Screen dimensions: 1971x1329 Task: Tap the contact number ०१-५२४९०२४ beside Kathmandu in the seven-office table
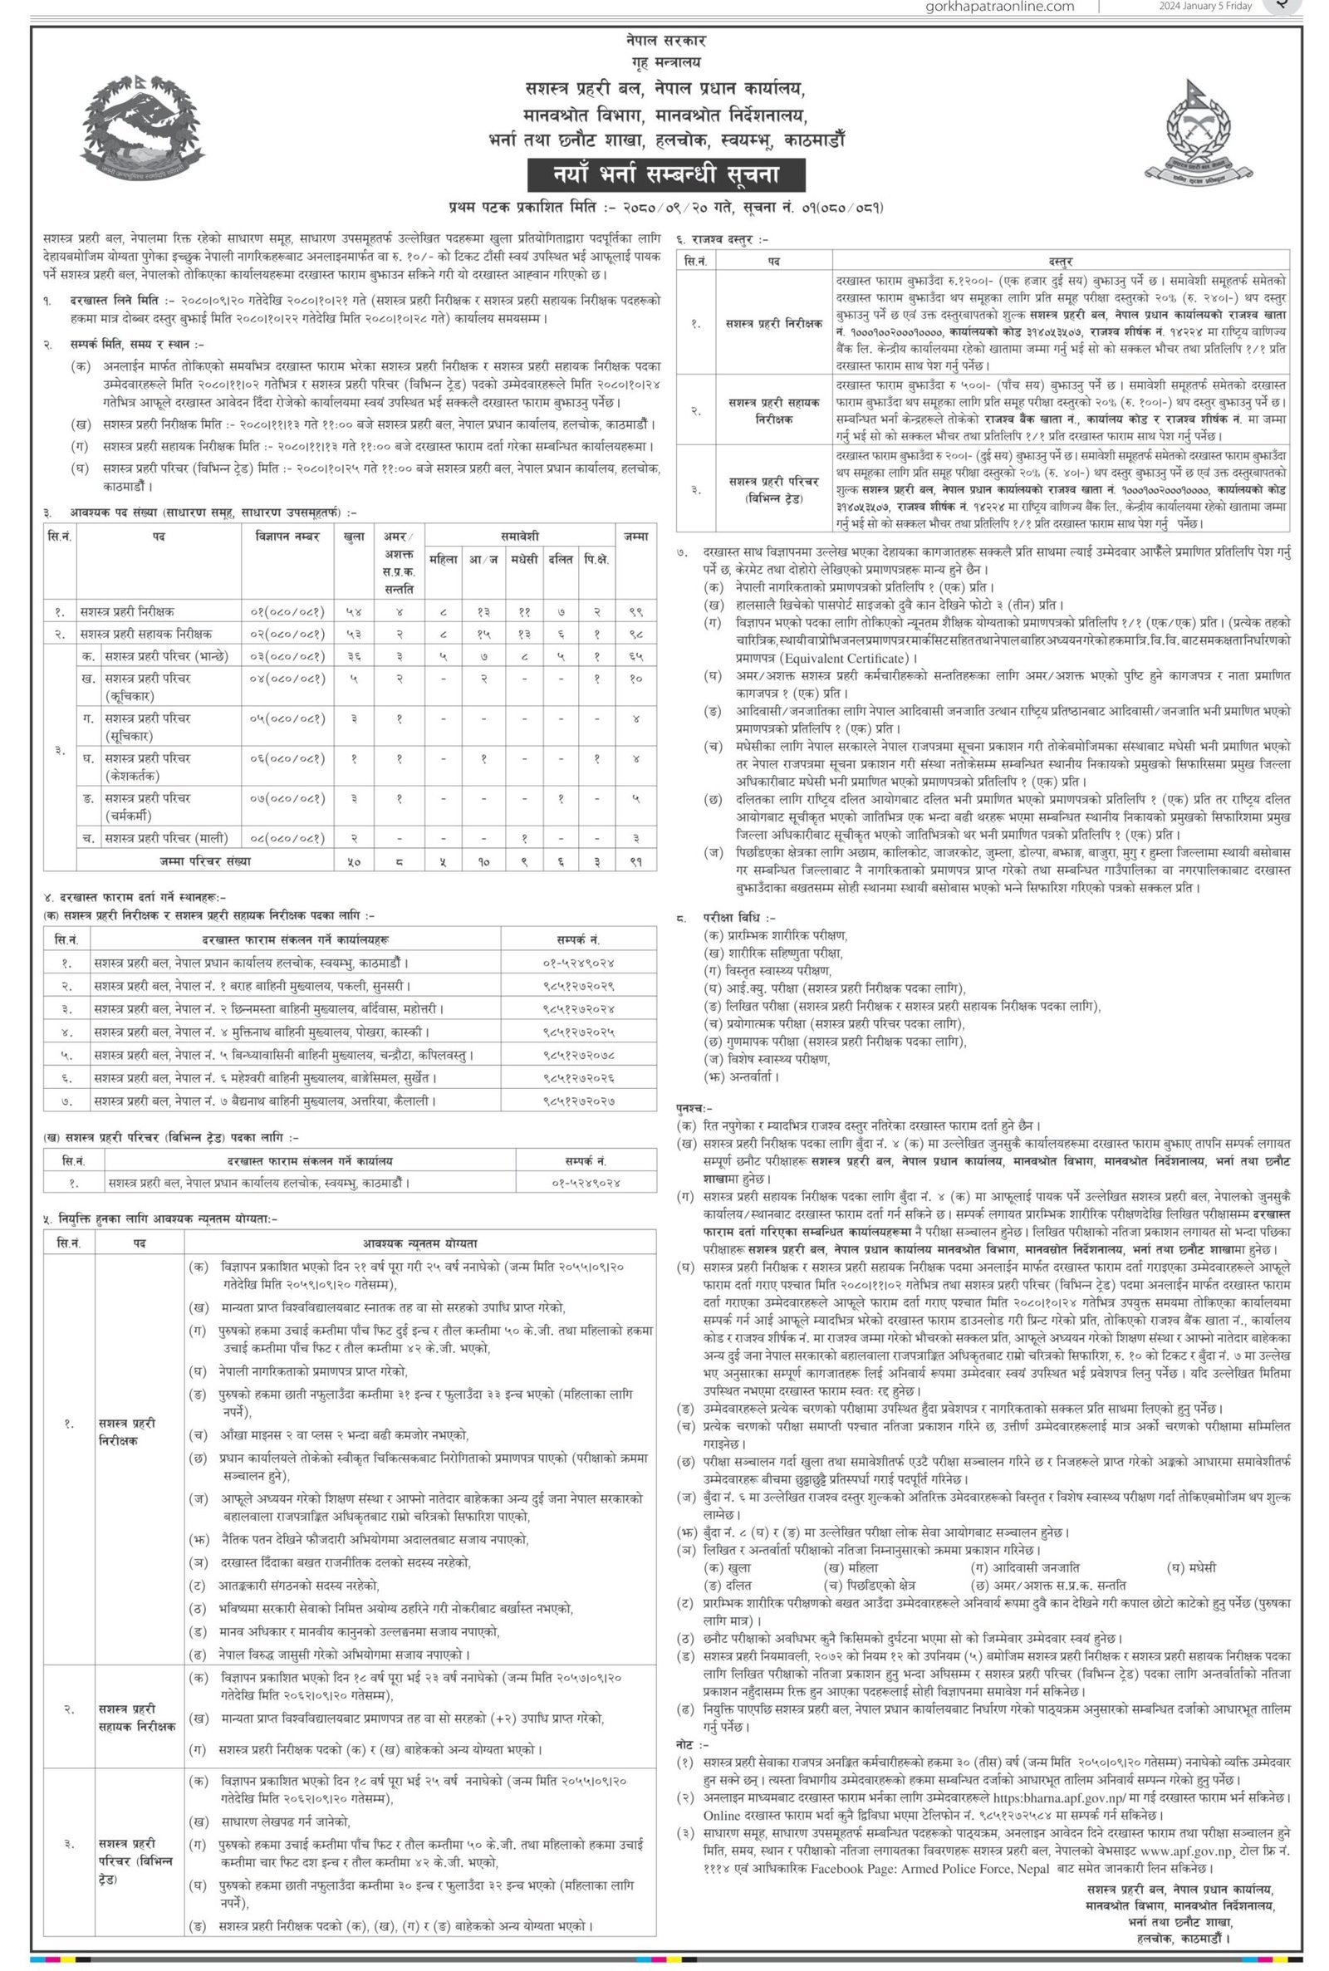[x=578, y=963]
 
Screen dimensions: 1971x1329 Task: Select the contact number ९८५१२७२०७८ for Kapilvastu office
[x=578, y=1055]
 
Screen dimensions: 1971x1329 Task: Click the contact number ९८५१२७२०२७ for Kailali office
[x=578, y=1101]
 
